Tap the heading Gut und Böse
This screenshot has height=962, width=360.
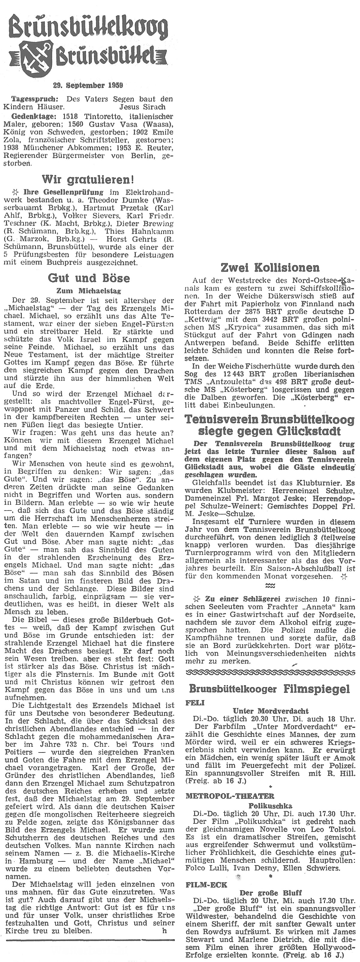click(89, 278)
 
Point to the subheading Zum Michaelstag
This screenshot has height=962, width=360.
click(88, 291)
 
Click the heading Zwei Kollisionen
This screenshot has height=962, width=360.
click(270, 267)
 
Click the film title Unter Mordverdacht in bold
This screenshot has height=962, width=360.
click(270, 711)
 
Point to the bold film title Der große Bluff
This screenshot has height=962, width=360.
click(270, 900)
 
